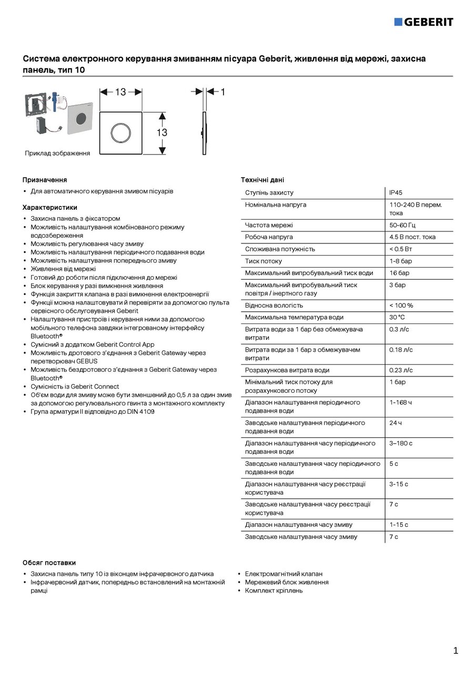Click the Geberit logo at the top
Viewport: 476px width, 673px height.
(423, 22)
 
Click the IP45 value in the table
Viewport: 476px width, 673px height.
(396, 193)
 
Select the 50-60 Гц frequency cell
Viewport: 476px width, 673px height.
(402, 225)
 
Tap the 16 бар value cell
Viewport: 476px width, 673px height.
(399, 273)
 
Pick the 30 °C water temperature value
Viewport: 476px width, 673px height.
(397, 317)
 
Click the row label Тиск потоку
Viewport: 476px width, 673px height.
(264, 261)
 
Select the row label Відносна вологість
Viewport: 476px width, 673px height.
(274, 305)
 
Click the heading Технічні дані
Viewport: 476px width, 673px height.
(262, 180)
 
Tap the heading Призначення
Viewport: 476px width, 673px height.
(45, 180)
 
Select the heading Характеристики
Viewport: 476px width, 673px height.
(50, 207)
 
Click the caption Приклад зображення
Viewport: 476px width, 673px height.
(57, 154)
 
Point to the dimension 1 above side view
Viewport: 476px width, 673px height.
(222, 92)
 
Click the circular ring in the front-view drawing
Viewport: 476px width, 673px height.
(121, 132)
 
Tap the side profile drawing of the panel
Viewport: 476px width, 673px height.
(204, 133)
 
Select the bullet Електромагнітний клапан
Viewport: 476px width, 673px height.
(283, 574)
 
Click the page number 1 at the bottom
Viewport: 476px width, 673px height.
(455, 651)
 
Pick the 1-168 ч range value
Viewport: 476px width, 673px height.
(401, 402)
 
